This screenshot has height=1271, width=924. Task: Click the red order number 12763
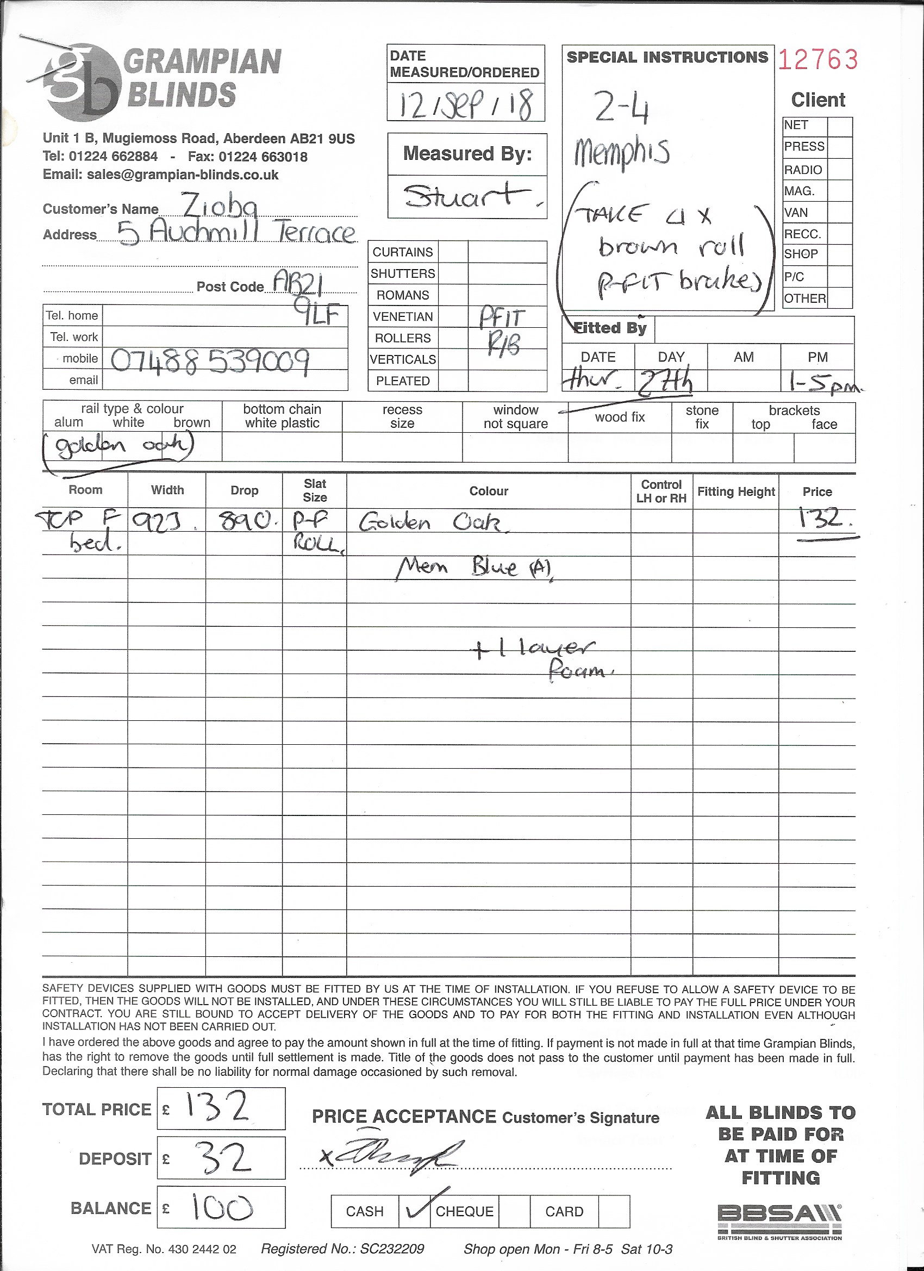pos(817,59)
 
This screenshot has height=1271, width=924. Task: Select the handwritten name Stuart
pos(467,196)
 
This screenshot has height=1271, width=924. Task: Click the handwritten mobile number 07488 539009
pos(210,362)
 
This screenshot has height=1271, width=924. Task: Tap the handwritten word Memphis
pos(621,152)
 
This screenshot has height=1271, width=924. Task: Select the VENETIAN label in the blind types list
pos(403,316)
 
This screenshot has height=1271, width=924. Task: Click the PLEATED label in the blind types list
pos(403,381)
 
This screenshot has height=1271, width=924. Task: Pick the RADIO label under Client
pos(803,170)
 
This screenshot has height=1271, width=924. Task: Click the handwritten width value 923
pos(166,523)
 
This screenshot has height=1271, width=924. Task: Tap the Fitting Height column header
pos(736,491)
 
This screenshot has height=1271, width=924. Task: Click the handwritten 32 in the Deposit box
pos(222,1159)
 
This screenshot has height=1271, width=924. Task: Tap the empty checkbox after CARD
pos(614,1211)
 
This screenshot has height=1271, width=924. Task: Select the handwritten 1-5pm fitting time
pos(823,384)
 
